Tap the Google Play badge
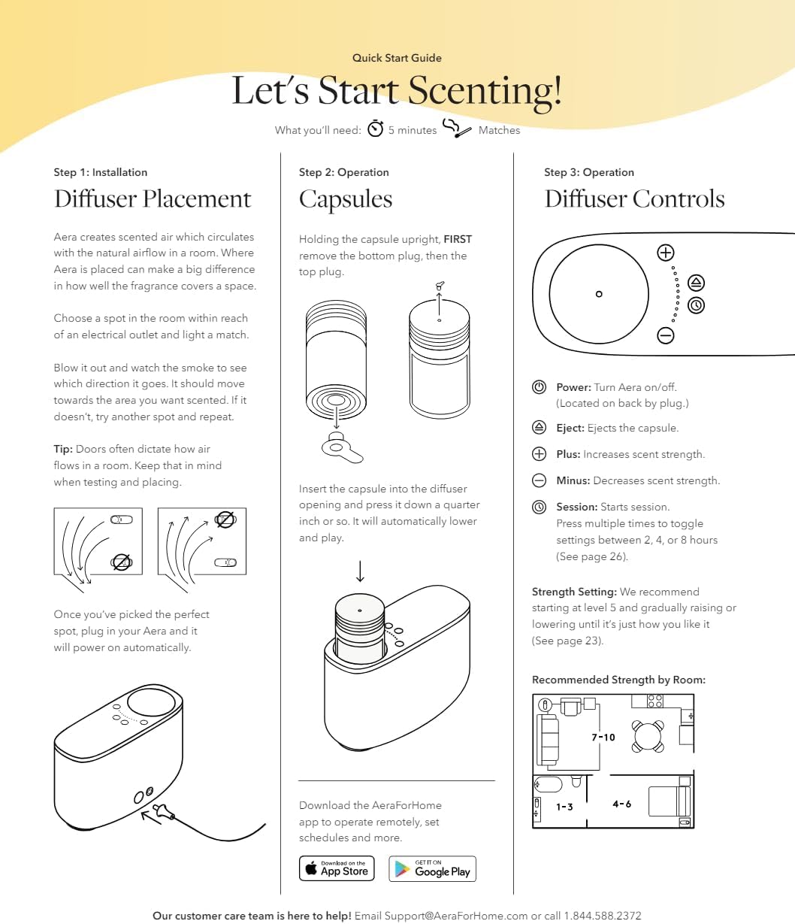[432, 868]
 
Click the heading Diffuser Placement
[153, 199]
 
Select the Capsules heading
[346, 199]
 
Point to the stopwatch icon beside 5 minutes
[375, 129]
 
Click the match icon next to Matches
[457, 129]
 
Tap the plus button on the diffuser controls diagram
[666, 253]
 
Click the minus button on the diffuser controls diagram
[666, 335]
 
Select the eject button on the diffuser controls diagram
[697, 283]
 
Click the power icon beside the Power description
[539, 387]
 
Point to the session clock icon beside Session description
[539, 507]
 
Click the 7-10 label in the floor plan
[603, 738]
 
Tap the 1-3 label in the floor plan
[564, 807]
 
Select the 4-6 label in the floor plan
[621, 804]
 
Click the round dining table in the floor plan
[647, 735]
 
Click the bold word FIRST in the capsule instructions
[458, 239]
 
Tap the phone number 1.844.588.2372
[603, 916]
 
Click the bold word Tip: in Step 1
[63, 449]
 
